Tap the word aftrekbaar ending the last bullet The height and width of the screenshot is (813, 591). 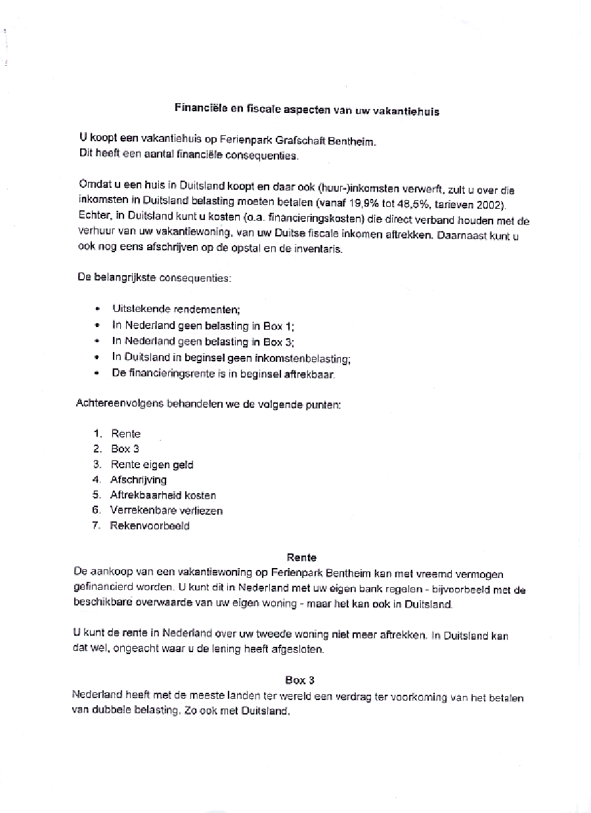click(311, 374)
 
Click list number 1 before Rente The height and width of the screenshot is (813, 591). click(98, 433)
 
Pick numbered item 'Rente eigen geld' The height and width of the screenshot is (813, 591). click(152, 464)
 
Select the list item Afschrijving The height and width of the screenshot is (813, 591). click(139, 479)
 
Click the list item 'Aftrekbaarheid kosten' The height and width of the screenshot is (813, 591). click(163, 495)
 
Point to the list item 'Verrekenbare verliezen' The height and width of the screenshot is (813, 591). click(166, 510)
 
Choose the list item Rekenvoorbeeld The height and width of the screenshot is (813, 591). click(149, 525)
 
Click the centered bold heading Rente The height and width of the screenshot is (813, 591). click(301, 558)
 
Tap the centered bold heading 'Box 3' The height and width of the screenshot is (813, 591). click(299, 680)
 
